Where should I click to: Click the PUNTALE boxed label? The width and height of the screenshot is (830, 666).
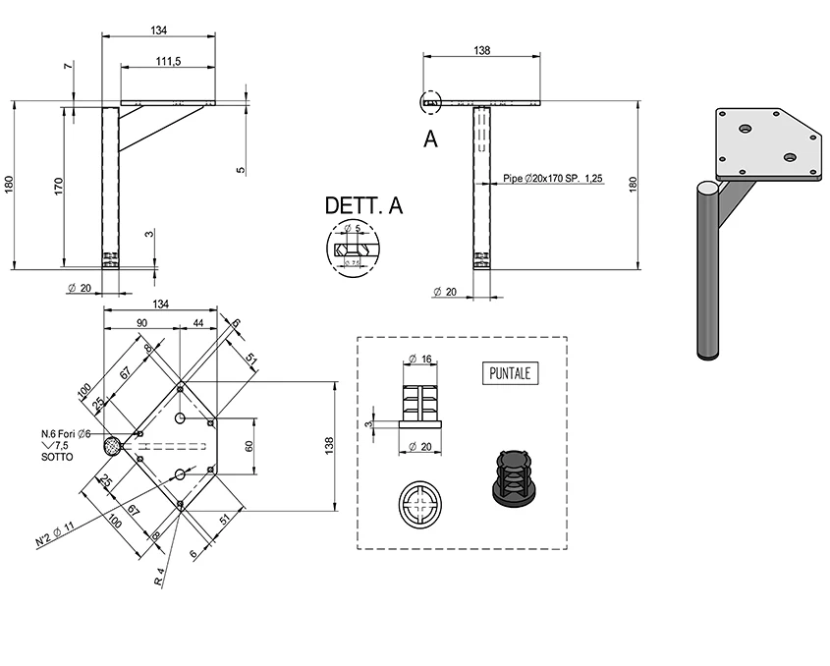(514, 373)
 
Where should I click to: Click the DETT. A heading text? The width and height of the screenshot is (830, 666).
(363, 205)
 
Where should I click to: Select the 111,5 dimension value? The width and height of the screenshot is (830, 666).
(168, 61)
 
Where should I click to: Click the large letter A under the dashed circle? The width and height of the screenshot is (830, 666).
(430, 139)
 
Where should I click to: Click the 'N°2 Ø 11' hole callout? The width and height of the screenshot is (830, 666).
(55, 534)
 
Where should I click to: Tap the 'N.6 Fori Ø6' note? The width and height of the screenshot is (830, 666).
(66, 434)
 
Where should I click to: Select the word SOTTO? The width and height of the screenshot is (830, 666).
(56, 458)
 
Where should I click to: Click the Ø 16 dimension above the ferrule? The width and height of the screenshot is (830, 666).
(420, 359)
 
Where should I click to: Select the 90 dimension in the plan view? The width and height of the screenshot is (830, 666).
(141, 322)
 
